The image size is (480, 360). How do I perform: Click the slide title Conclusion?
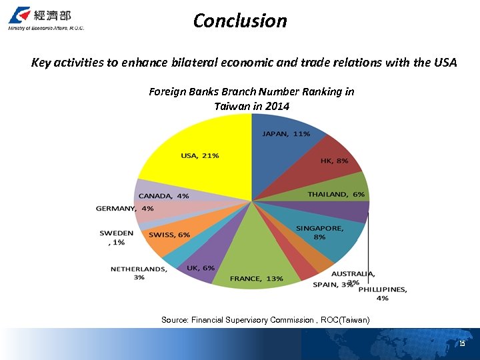240,21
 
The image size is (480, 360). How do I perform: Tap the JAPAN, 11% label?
286,133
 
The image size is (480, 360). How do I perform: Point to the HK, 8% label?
334,161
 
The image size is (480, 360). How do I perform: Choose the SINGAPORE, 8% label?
320,232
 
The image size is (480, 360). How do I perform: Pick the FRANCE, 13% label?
257,278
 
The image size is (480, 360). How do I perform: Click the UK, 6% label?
201,267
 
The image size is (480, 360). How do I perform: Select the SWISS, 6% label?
169,235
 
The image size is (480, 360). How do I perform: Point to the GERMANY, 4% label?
125,208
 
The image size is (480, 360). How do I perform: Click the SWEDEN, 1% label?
116,238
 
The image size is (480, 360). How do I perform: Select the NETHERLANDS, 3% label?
139,273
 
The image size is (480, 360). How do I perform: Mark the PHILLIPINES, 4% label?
382,293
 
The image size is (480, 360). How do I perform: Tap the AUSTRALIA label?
353,273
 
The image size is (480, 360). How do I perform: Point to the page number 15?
461,343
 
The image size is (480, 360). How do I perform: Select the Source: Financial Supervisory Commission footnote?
265,320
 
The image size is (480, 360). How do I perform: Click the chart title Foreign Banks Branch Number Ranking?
251,99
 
